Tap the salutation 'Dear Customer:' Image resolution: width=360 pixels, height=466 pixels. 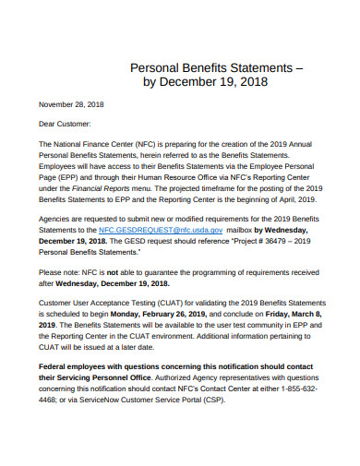click(x=65, y=124)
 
